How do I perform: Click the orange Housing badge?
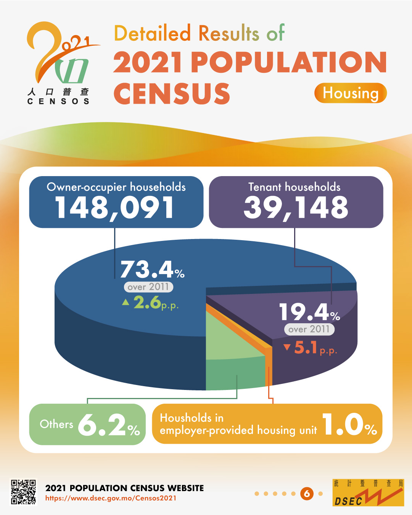[351, 93]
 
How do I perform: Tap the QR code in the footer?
[23, 492]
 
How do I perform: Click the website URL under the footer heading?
[111, 498]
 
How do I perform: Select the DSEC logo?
[368, 493]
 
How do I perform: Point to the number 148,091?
[115, 208]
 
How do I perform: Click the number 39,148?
[296, 208]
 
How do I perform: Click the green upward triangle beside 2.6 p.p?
[126, 302]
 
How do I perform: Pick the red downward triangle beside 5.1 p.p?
[287, 347]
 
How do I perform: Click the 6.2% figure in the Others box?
[109, 425]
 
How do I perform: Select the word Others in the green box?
[56, 424]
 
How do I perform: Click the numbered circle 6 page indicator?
[307, 494]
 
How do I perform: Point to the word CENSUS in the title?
[172, 93]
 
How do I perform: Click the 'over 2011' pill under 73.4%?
[148, 287]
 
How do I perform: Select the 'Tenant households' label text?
[294, 187]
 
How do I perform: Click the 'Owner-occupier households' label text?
[116, 187]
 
